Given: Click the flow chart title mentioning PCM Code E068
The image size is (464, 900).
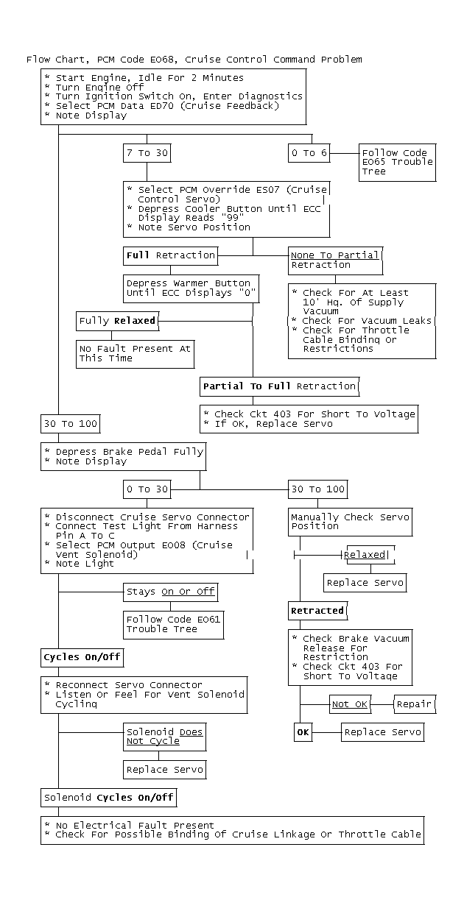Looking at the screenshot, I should click(x=194, y=60).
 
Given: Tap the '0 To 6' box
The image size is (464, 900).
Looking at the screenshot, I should click(x=309, y=153).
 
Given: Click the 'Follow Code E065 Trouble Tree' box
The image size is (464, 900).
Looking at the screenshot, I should click(x=397, y=163).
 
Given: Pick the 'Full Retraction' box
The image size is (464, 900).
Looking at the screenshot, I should click(x=171, y=255).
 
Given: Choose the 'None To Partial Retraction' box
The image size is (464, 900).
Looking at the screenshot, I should click(x=335, y=260).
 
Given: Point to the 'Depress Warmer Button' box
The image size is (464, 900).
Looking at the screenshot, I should click(x=189, y=288).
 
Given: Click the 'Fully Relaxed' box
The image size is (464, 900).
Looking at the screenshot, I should click(x=116, y=321).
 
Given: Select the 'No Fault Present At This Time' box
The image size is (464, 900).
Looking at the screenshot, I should click(x=134, y=354).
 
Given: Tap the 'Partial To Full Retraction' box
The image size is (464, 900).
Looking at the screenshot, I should click(x=279, y=386).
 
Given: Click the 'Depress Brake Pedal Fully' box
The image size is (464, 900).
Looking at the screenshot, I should click(x=122, y=456).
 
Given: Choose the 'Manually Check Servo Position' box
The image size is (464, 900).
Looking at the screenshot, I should click(x=349, y=522).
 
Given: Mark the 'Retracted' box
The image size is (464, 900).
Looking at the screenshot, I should click(x=317, y=610).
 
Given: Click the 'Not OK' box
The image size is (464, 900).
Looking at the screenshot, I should click(x=349, y=704).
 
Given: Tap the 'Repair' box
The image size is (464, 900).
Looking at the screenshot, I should click(x=414, y=704).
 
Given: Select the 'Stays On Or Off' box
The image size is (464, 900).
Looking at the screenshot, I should click(x=171, y=592).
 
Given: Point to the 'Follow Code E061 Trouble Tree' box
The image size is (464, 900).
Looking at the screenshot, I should click(x=172, y=625).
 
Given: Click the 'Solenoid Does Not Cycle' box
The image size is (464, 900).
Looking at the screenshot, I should click(x=164, y=737).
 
